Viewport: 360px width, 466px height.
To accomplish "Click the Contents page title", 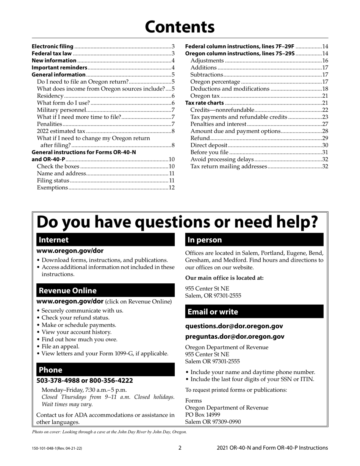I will click(x=180, y=27).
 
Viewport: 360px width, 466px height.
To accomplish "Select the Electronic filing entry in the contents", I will click(x=53, y=46).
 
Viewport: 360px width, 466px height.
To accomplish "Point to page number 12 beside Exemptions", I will click(x=171, y=188).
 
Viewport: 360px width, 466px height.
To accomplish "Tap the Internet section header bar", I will click(x=105, y=240).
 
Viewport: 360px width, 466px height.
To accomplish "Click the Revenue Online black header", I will click(x=105, y=291).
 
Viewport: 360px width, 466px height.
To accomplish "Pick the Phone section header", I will click(x=105, y=370).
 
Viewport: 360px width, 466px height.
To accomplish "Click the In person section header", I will click(x=254, y=240).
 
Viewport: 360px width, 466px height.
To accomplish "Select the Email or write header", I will click(x=254, y=312).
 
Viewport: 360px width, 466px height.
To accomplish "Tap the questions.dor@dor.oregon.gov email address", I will click(x=234, y=326).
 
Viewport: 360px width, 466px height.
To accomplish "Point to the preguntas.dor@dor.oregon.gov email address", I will click(x=235, y=336).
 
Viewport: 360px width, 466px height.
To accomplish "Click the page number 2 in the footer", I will click(x=180, y=448).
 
